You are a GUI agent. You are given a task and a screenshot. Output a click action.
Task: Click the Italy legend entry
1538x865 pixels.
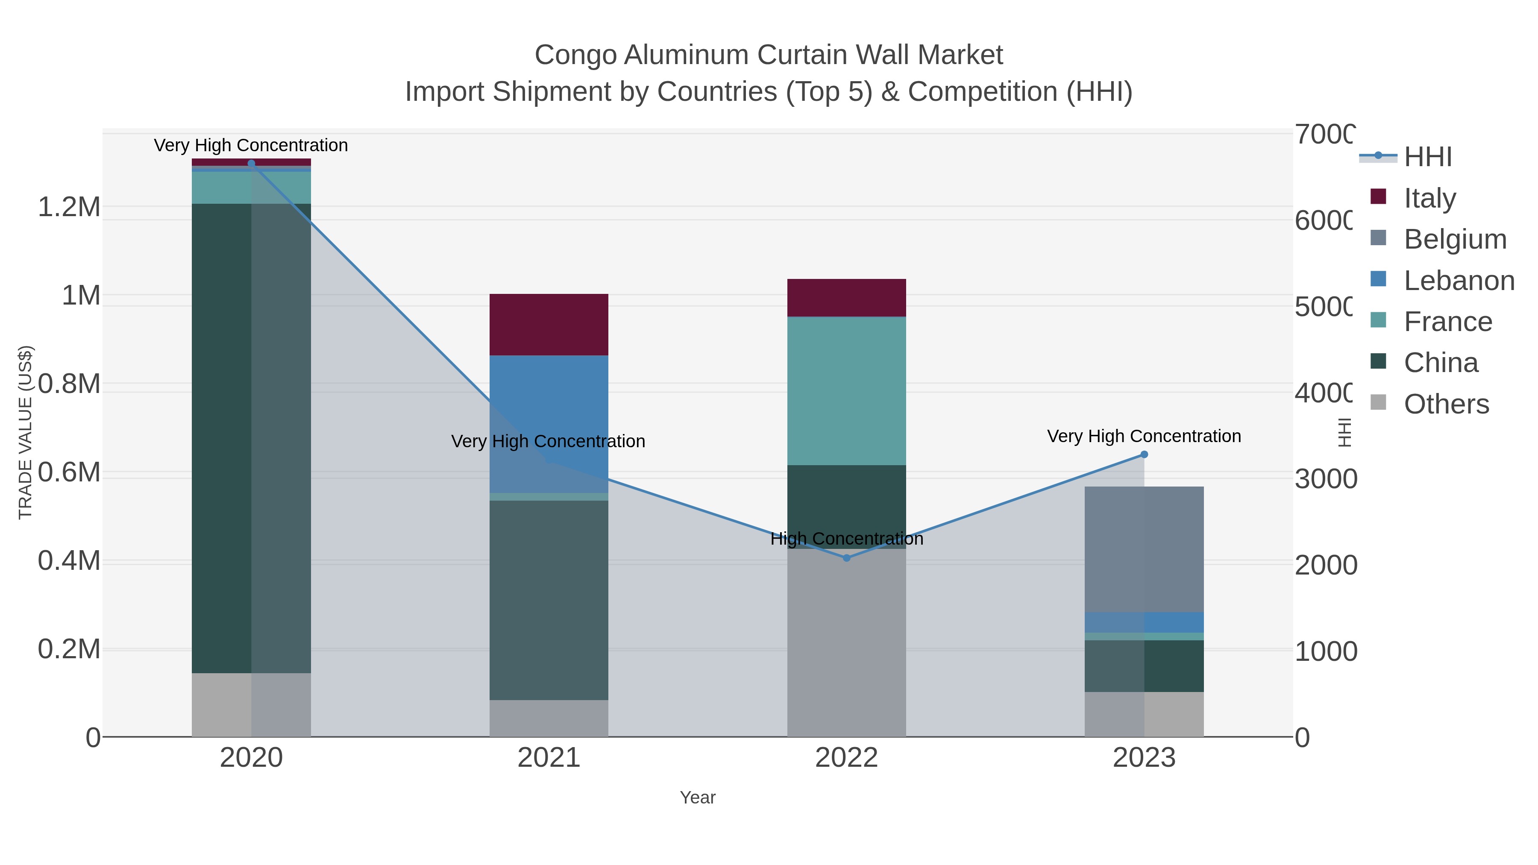[x=1429, y=198]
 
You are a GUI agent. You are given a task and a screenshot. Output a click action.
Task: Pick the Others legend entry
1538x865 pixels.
[x=1446, y=404]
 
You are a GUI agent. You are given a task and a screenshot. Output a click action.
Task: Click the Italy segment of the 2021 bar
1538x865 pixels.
[x=549, y=324]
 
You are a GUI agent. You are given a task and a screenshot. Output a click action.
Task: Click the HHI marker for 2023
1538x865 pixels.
[x=1144, y=454]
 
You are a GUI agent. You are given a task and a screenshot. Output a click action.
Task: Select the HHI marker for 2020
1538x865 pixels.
[x=251, y=164]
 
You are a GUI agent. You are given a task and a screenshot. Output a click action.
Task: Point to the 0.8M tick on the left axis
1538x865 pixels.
[x=69, y=384]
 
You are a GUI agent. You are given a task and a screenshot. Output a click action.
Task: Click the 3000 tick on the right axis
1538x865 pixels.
[x=1325, y=479]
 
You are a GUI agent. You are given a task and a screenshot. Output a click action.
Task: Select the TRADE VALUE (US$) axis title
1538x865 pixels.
[x=25, y=432]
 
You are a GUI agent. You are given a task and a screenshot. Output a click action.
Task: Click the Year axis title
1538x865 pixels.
[x=697, y=797]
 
